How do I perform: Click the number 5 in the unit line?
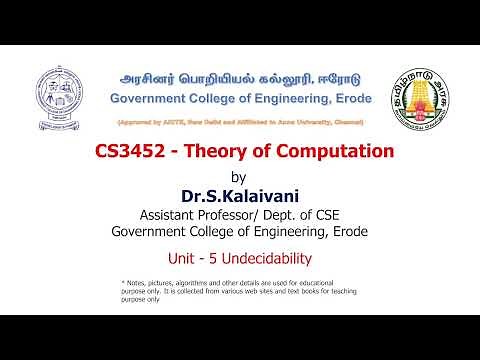pos(229,259)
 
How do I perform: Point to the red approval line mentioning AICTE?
pos(239,122)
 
